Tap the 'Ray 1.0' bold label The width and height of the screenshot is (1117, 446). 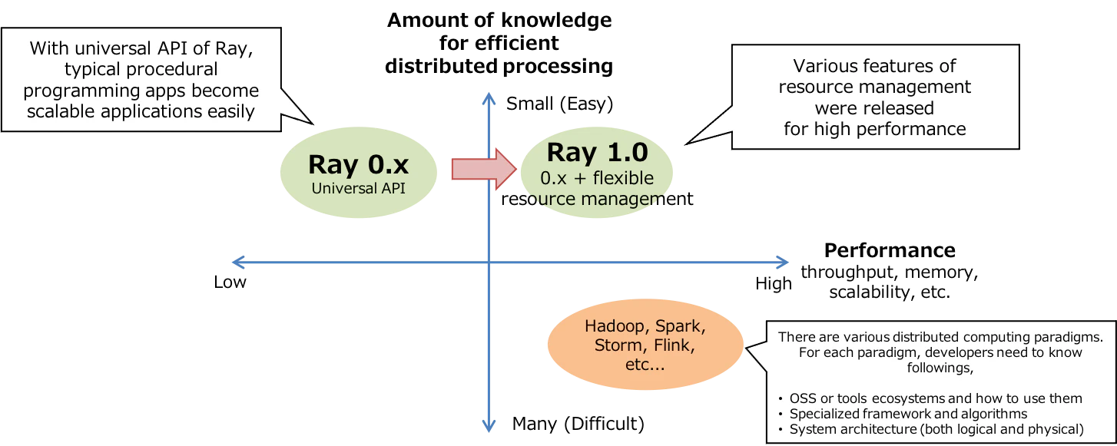598,153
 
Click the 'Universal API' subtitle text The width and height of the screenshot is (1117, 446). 359,187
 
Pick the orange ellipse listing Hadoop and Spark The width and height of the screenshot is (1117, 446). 645,345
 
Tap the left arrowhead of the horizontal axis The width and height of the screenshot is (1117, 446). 238,262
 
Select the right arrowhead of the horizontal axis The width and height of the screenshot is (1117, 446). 784,262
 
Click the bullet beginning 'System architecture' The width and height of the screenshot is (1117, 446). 936,429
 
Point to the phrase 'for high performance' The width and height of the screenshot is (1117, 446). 874,128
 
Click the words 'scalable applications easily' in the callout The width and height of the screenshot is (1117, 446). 141,111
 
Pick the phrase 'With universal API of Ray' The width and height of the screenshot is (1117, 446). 141,49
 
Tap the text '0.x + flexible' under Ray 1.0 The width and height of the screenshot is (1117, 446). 597,178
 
